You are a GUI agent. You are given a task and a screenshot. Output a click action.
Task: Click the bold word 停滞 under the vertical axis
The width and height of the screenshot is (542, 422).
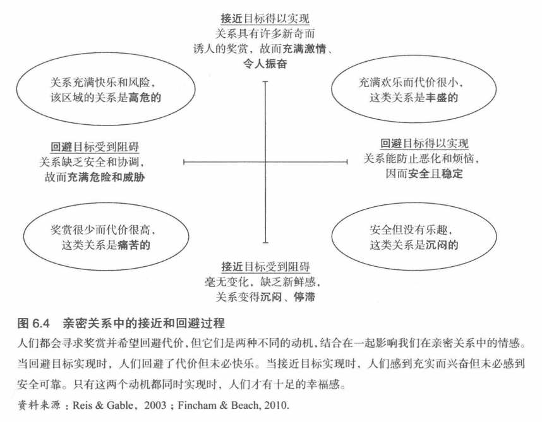coord(304,296)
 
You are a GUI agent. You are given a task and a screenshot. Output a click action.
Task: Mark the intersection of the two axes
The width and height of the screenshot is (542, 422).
coord(266,162)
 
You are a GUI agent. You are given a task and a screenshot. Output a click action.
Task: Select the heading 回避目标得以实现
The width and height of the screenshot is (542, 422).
coord(425,143)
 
